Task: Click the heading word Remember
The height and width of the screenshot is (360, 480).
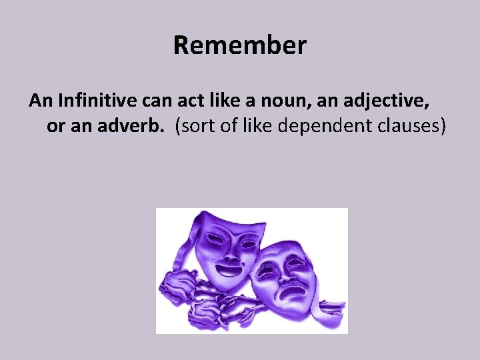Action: (x=240, y=46)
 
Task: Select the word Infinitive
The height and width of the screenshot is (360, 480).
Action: (x=91, y=101)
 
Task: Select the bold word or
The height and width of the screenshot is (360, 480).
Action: (x=54, y=126)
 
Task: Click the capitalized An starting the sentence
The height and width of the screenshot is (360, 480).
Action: (x=41, y=101)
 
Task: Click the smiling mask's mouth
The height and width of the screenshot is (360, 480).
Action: (x=229, y=269)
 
